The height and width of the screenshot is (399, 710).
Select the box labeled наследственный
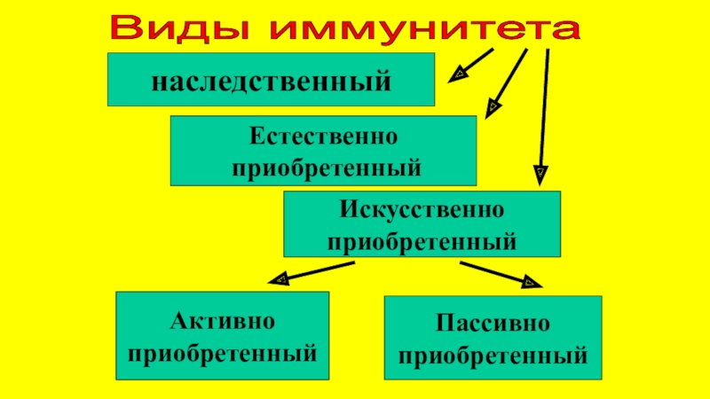point(272,80)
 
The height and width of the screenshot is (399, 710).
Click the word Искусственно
point(422,212)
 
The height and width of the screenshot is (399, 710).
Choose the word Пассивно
point(493,323)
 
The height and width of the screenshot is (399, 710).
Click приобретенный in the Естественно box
point(324,167)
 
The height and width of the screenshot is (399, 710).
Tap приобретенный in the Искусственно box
point(422,239)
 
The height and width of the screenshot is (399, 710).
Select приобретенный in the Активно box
point(223,355)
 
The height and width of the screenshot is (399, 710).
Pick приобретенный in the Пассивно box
point(493,356)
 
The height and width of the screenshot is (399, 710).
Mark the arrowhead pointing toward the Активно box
point(278,279)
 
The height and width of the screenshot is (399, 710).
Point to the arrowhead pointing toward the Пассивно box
point(530,284)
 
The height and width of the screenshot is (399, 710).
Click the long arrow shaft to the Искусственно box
point(545,106)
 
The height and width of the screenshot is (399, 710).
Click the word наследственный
point(272,81)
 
